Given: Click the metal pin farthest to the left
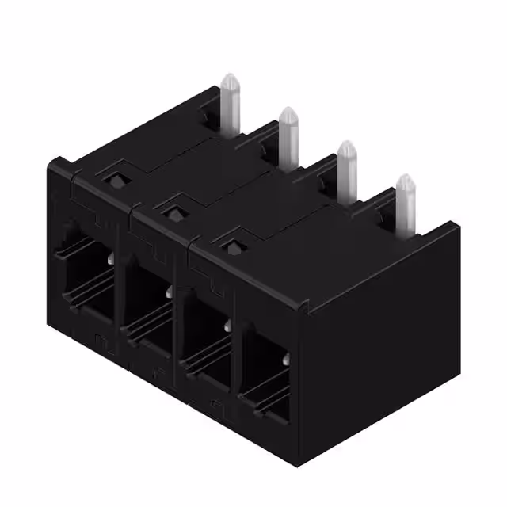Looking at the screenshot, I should coord(230,107).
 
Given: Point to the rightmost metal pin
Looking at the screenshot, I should coord(406,202).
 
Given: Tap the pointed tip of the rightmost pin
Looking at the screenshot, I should coord(406,178).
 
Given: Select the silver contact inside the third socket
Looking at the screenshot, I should coord(228,326).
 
